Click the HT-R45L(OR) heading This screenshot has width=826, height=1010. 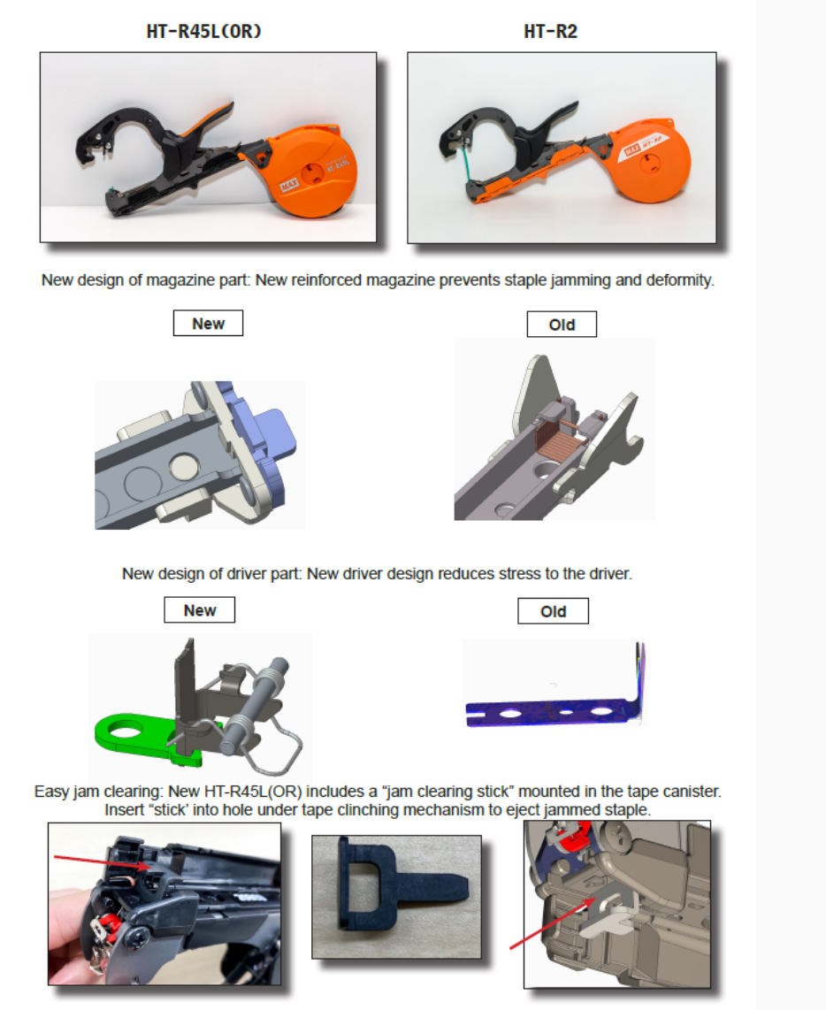[x=203, y=32]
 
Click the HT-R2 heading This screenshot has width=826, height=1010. [x=551, y=32]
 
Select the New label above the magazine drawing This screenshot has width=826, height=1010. [x=208, y=324]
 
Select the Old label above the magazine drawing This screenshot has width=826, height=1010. [x=562, y=325]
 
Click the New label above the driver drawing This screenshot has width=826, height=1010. [x=200, y=610]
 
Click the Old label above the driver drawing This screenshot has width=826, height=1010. [x=553, y=611]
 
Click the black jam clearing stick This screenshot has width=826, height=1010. [x=389, y=893]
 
